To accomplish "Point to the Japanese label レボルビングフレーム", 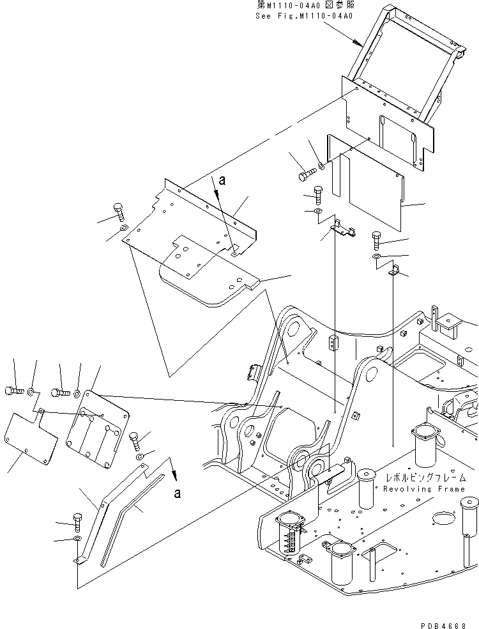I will click(424, 478).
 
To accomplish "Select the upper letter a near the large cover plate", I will click(222, 181).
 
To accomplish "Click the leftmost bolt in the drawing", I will click(14, 390).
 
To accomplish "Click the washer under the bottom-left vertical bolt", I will click(77, 540).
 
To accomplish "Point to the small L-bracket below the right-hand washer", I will click(395, 271).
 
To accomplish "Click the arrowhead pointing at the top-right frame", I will click(355, 43).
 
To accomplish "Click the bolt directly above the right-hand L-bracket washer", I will click(377, 241).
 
